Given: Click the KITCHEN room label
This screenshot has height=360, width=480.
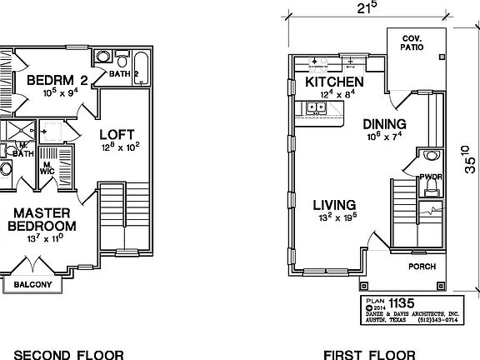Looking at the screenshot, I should coord(334,82).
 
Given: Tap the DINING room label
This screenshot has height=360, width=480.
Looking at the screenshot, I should coord(383,123).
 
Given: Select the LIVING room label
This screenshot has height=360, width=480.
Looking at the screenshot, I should coord(335,205).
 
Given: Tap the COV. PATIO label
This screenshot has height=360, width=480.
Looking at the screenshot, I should coord(412,43).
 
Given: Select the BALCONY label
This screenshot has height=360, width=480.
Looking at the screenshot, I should coord(32,285).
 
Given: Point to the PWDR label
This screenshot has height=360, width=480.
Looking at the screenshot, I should coord(430,177).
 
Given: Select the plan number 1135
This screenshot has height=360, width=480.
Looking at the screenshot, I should coord(402,302).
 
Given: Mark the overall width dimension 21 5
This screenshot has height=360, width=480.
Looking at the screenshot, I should coord(367,7).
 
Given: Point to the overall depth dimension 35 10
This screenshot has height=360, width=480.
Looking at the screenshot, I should coord(469,159).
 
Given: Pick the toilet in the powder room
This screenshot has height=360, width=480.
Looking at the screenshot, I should coord(431,156).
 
